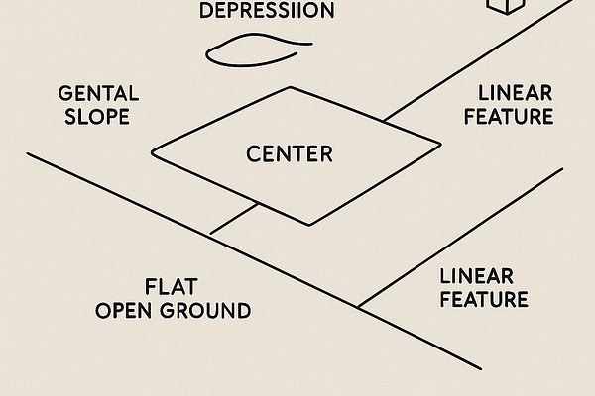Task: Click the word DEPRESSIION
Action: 267,12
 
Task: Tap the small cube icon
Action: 504,5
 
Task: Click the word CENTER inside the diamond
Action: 290,154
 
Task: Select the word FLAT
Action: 173,287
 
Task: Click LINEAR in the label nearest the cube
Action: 514,94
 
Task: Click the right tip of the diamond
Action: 439,145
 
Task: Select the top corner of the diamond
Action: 293,86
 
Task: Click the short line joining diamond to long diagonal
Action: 235,218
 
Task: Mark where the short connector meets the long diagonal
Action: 210,235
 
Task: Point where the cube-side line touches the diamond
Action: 385,121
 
